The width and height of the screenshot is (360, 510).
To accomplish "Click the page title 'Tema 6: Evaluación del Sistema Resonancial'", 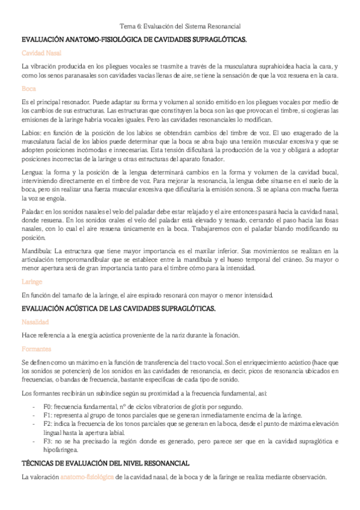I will click(x=180, y=26).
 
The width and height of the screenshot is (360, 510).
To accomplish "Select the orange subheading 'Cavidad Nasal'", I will click(x=37, y=53).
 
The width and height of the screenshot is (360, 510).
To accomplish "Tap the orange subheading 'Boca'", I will click(x=28, y=88).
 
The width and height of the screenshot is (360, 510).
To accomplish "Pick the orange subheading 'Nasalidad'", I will click(x=35, y=322).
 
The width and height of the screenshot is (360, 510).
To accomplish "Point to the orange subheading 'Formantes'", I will click(x=35, y=348).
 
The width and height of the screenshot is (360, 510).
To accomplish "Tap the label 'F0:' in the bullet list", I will click(x=50, y=406).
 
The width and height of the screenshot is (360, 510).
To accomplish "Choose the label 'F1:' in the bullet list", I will click(x=50, y=415).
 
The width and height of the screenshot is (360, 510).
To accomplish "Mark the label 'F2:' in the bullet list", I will click(x=50, y=423).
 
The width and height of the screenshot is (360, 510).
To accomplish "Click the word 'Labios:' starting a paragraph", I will click(x=31, y=132).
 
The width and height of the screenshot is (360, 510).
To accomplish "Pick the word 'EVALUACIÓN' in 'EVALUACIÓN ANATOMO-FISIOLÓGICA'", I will click(x=41, y=39).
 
